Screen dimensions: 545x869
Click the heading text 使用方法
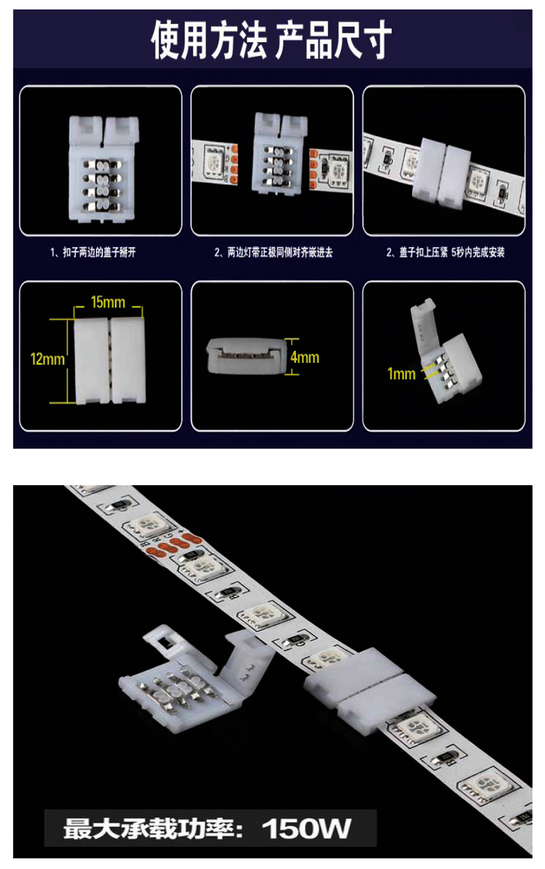click(x=209, y=40)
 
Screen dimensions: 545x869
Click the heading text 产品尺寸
click(x=334, y=40)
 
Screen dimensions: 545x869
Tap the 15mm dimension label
click(x=108, y=302)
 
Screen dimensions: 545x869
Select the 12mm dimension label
click(x=48, y=359)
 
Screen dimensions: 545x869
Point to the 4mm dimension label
click(x=305, y=357)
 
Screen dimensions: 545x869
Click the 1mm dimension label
click(x=402, y=374)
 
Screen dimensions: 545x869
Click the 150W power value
click(x=307, y=829)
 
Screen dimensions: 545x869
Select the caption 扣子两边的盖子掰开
click(x=99, y=252)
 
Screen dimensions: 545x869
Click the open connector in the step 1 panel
click(x=103, y=169)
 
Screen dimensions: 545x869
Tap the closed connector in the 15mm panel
click(x=109, y=361)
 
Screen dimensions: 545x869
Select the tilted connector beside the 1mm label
click(x=446, y=352)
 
